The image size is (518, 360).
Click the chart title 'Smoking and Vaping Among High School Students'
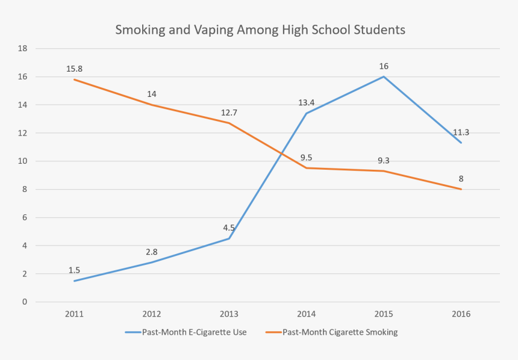tap(260, 29)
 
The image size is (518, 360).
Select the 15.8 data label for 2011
tap(74, 69)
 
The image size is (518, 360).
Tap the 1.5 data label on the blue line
tap(74, 270)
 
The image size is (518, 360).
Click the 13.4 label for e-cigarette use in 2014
tap(307, 102)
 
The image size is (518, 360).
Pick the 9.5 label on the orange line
tap(307, 158)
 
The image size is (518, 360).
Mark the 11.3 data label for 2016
tap(461, 132)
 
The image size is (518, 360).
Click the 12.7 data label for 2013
tap(229, 113)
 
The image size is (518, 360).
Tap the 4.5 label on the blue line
tap(229, 228)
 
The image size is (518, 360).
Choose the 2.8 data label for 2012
tap(152, 252)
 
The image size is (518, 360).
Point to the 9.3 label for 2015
tap(384, 161)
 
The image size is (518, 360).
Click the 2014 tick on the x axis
tap(307, 314)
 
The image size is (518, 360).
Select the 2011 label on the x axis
tap(74, 314)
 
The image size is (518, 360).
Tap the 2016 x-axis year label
tap(461, 314)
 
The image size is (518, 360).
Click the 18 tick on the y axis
tap(23, 49)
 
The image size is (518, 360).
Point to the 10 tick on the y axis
tap(23, 161)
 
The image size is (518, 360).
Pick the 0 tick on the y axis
tap(25, 302)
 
